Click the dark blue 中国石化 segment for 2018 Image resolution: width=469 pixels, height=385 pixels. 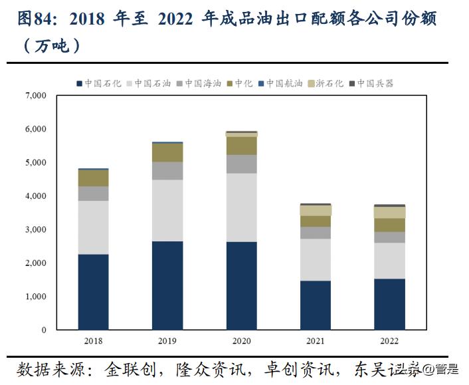tap(93, 292)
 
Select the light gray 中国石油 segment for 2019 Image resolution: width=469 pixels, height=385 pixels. tap(167, 210)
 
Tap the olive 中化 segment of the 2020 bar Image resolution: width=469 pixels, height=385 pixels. tap(242, 146)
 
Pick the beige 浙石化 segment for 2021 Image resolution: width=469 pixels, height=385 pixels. tap(316, 210)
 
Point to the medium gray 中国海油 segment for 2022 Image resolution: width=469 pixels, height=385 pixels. tap(389, 237)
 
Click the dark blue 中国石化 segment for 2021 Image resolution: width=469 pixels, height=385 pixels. tap(316, 305)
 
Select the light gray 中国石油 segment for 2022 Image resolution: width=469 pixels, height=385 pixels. tap(389, 261)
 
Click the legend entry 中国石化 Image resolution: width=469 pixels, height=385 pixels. tap(103, 83)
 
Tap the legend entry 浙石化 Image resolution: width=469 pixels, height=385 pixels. tap(329, 83)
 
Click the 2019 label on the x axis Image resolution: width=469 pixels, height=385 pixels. tap(167, 341)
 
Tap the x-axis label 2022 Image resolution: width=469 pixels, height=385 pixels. tap(389, 341)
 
